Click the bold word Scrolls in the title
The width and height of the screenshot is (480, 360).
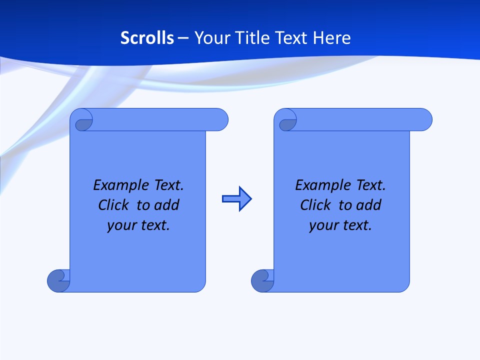pos(147,38)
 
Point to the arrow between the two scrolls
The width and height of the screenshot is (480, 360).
pos(236,199)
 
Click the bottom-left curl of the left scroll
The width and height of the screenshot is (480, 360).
pos(58,280)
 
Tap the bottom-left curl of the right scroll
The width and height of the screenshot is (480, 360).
pos(262,280)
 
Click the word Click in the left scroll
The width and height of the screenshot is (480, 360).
pos(113,205)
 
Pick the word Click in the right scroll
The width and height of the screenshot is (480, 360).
pos(315,205)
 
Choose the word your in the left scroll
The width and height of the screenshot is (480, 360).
pos(120,226)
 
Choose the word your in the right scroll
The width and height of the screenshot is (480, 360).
pos(322,226)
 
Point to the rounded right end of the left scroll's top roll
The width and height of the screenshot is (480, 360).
pos(220,119)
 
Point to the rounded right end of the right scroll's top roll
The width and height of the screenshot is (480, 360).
pos(424,119)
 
